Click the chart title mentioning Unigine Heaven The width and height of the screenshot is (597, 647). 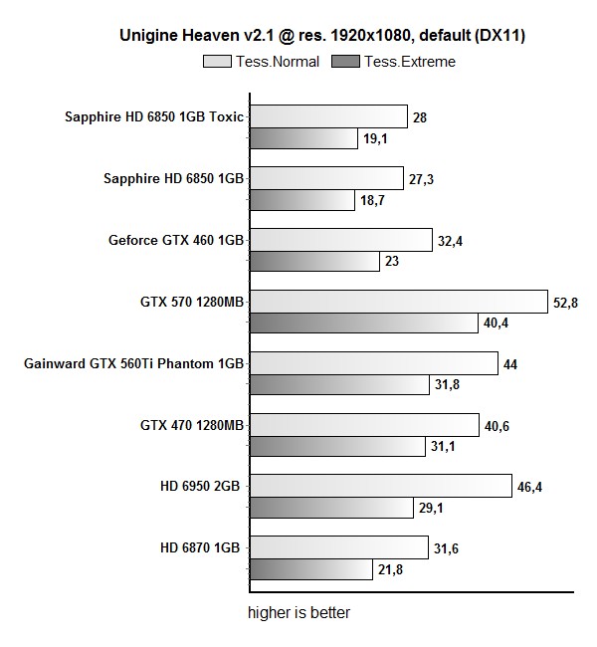321,36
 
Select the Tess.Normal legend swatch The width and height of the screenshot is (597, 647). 218,62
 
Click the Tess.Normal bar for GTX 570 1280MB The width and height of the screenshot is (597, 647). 398,302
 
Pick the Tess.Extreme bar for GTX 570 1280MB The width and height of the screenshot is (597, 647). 363,323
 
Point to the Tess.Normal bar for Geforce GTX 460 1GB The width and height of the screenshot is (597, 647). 340,240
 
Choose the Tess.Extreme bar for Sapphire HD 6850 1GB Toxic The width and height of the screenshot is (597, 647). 302,138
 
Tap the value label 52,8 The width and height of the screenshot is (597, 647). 566,303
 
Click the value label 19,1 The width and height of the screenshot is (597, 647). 375,139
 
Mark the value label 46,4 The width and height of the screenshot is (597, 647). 528,487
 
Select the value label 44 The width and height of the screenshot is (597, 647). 510,364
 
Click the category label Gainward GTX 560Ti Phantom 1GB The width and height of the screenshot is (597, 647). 133,363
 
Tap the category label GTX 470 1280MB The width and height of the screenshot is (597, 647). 192,425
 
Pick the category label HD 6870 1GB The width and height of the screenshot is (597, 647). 202,547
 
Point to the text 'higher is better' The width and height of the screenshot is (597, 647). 298,612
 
